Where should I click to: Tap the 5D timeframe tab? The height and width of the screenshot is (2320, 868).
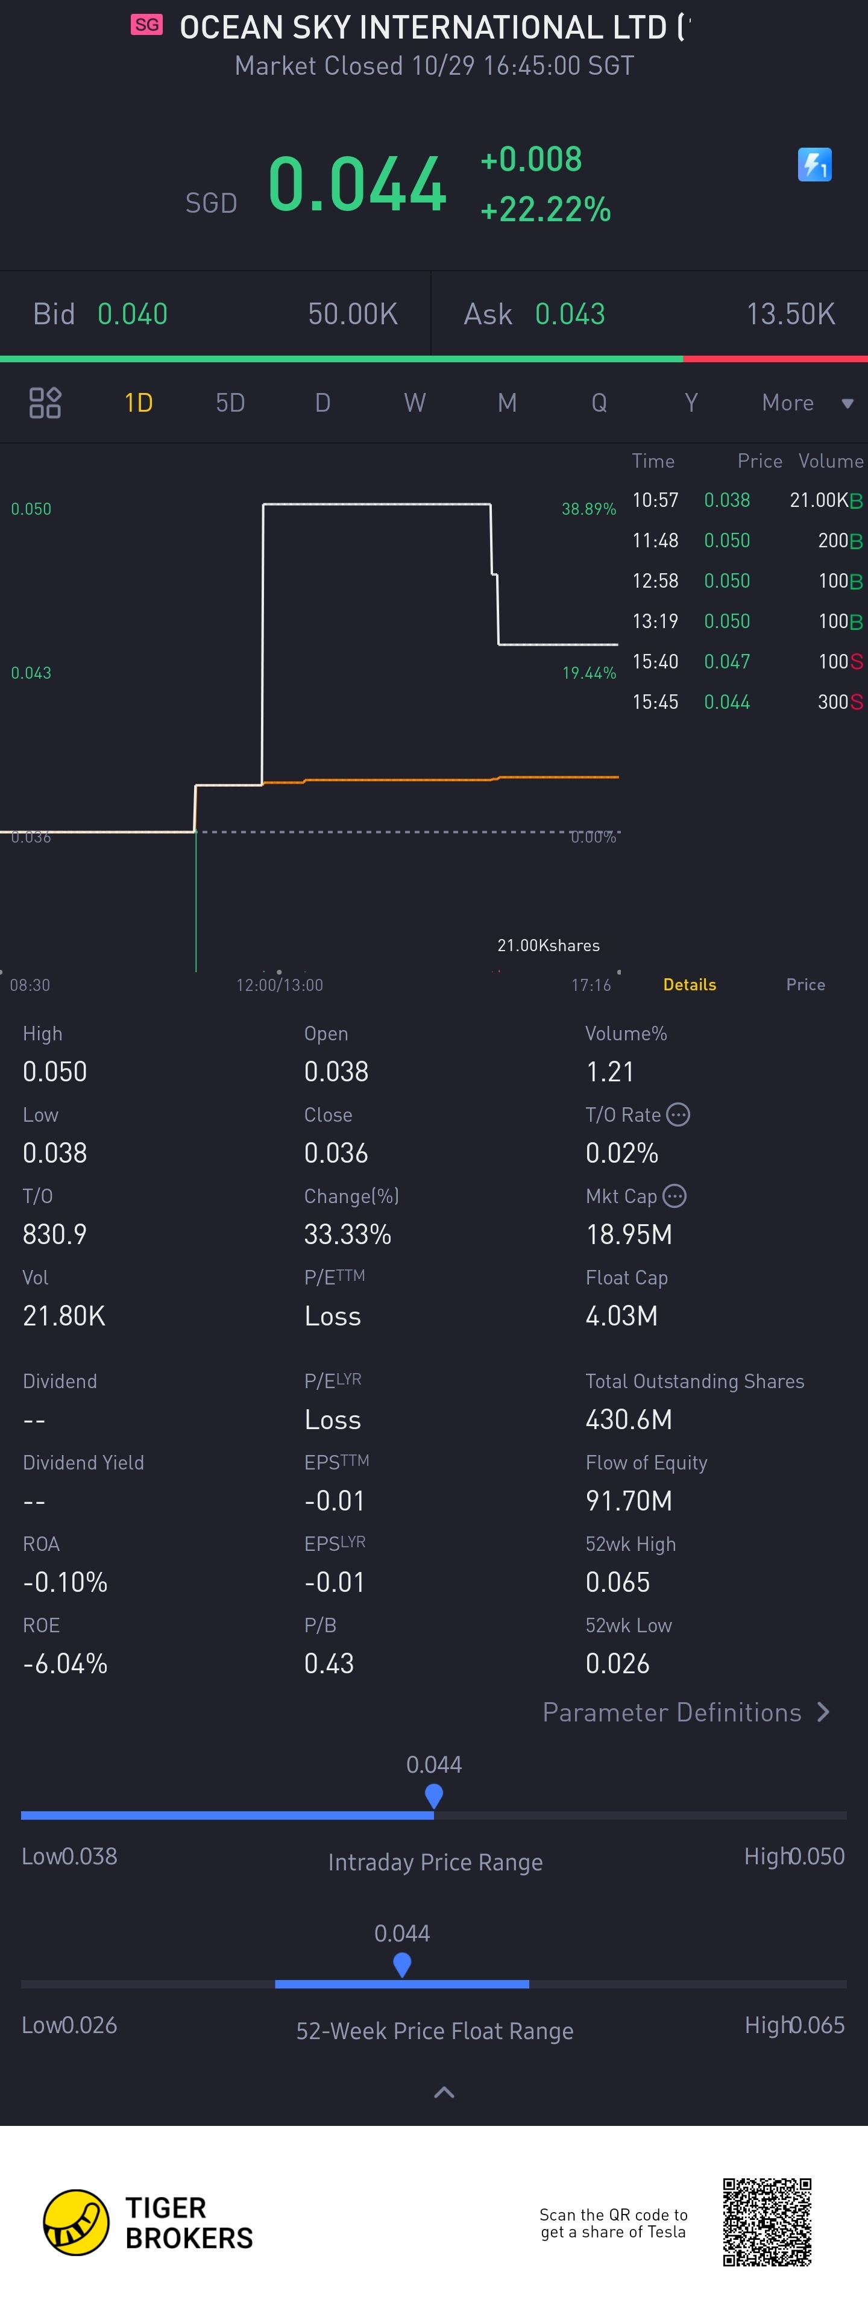click(230, 403)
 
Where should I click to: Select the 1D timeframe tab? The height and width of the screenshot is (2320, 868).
click(138, 403)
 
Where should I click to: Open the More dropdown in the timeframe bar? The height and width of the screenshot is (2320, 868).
click(806, 403)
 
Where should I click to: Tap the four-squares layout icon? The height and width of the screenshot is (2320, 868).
click(45, 403)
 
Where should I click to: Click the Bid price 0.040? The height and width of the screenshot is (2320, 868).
click(133, 313)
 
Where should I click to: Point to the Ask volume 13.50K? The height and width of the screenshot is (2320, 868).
click(790, 313)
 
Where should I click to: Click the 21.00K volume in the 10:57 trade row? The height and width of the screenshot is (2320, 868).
click(819, 500)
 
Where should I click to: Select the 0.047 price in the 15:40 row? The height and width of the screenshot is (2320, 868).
click(726, 661)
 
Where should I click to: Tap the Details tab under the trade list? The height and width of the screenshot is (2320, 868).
click(689, 984)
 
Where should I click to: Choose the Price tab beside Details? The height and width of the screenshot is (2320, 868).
click(805, 984)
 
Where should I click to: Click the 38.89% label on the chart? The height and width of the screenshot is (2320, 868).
click(589, 509)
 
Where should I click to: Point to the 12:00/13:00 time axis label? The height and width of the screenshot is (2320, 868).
click(279, 984)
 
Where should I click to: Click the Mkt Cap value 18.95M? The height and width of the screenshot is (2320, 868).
click(629, 1234)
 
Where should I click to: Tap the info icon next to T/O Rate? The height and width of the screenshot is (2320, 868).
click(678, 1115)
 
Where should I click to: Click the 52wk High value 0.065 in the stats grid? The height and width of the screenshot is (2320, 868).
click(618, 1582)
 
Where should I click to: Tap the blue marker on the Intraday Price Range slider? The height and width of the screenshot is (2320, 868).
click(434, 1795)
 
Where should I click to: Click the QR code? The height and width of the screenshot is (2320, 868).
click(767, 2222)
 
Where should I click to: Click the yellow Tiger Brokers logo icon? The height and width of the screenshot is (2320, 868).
click(77, 2222)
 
